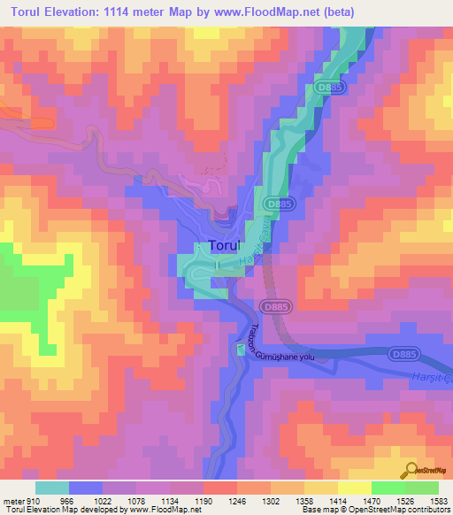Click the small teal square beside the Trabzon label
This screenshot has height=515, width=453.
241,350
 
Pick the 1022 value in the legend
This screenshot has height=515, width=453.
103,502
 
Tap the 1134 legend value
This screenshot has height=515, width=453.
170,502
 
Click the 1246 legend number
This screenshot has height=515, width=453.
237,502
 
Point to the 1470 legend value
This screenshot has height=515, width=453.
372,502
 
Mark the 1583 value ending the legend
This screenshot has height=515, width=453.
439,502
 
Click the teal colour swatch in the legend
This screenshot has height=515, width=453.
52,488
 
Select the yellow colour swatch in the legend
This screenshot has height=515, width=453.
354,488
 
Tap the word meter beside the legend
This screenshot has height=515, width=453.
13,502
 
